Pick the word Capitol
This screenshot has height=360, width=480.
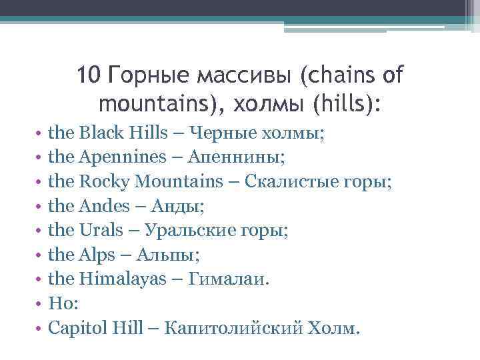coord(78,329)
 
